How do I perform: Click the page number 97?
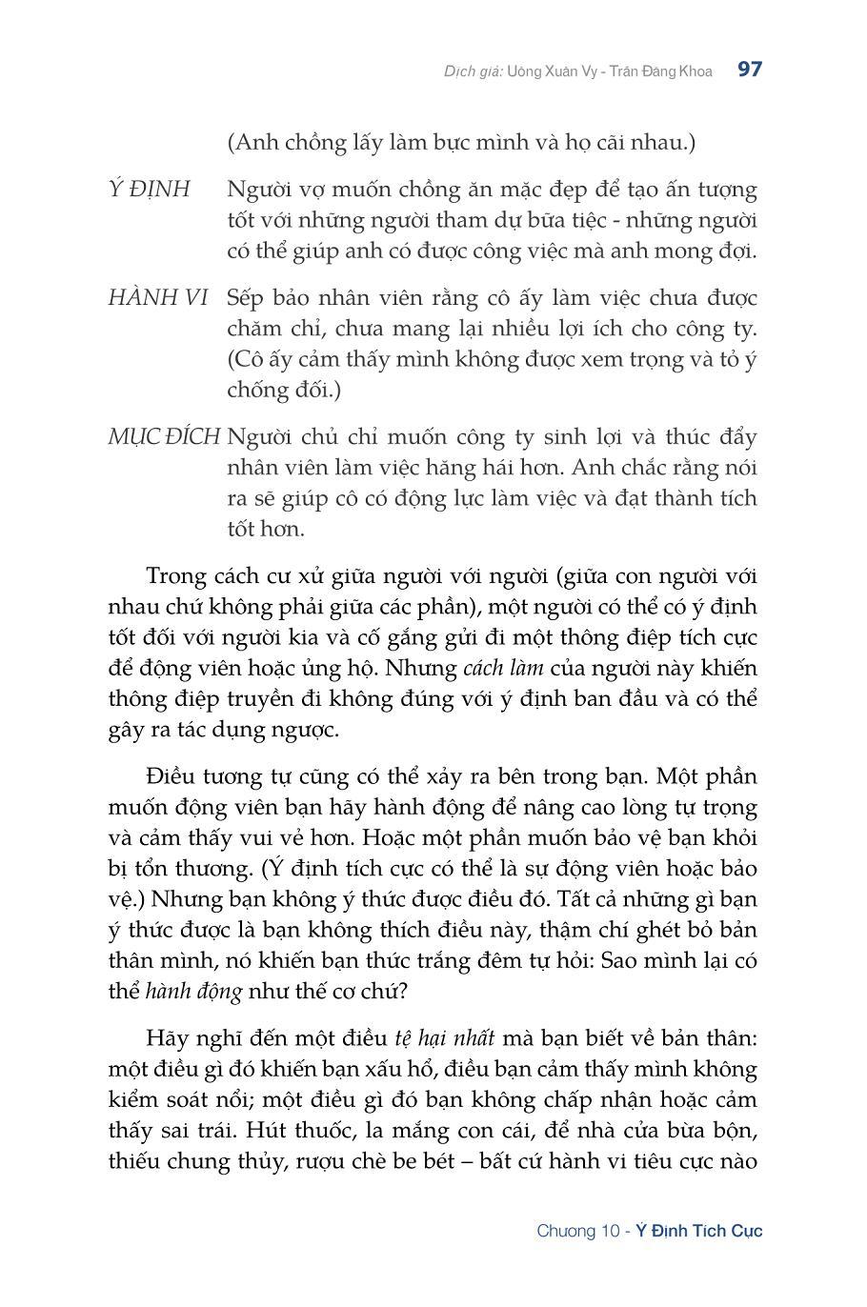(750, 70)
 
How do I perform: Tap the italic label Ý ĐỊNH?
(149, 190)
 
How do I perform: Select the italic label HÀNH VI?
(158, 298)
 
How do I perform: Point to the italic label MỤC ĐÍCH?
(164, 437)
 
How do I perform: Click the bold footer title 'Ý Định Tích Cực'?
(699, 1231)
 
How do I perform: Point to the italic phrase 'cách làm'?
(502, 668)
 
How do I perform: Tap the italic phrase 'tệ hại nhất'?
(444, 1037)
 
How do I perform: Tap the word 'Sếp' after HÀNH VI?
(246, 298)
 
